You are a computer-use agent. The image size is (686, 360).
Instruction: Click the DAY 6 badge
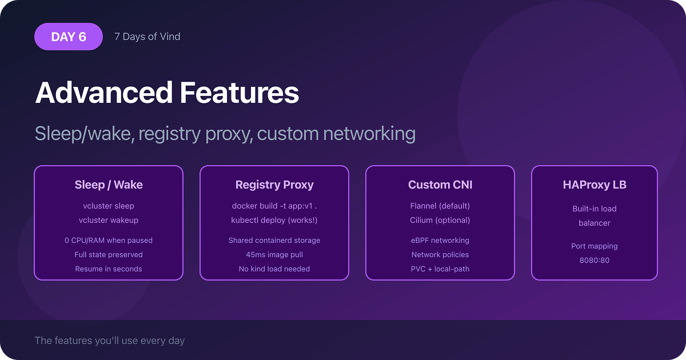(69, 37)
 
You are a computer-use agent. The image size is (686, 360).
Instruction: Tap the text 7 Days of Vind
(147, 37)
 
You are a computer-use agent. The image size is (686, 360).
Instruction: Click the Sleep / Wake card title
(109, 185)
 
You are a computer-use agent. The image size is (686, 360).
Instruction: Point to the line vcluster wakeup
(109, 220)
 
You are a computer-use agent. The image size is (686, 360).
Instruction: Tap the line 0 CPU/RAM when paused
(109, 240)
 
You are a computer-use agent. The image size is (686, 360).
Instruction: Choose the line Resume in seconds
(109, 269)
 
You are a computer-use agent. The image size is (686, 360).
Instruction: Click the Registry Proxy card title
(274, 185)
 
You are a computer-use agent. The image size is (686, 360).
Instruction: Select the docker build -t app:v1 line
(274, 206)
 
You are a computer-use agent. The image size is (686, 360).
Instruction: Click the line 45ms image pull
(274, 254)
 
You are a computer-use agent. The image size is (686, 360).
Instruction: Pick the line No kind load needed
(274, 269)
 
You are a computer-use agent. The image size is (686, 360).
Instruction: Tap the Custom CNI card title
(440, 185)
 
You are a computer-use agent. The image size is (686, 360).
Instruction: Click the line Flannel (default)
(440, 206)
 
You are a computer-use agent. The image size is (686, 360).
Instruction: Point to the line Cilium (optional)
(440, 220)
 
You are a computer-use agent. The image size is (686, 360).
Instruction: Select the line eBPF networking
(440, 240)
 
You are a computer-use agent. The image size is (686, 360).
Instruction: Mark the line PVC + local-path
(440, 269)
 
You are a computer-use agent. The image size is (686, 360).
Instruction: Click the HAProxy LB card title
(595, 185)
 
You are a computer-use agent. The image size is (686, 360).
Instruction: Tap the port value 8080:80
(595, 260)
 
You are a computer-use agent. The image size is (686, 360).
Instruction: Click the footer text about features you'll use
(110, 341)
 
